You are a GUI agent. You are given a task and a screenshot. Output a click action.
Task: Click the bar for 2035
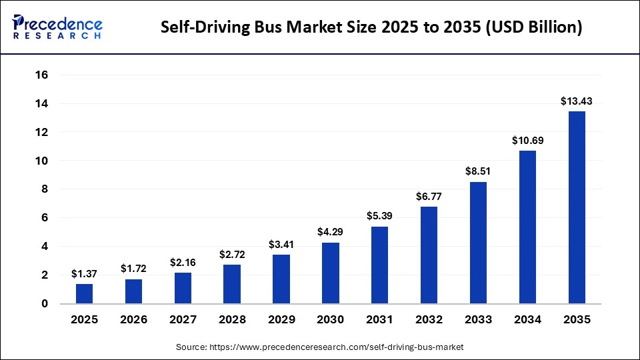577,207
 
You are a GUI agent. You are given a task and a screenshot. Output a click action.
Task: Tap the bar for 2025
84,293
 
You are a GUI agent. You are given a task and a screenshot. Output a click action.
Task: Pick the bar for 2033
478,243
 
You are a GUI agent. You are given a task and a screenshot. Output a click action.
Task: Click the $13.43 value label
577,101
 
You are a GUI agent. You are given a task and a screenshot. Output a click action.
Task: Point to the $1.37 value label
84,274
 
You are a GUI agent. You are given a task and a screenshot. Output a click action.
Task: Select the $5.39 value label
379,217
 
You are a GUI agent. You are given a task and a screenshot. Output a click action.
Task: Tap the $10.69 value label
527,141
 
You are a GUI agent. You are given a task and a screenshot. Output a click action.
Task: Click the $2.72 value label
232,255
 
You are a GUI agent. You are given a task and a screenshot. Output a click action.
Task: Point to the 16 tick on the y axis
41,75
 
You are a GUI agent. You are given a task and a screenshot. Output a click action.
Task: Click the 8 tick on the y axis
45,189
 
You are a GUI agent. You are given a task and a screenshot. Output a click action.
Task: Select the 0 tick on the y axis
45,304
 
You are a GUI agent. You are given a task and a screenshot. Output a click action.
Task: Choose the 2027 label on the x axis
183,320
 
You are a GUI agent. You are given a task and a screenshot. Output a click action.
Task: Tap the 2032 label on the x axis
429,320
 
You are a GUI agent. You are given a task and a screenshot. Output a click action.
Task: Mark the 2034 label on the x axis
527,320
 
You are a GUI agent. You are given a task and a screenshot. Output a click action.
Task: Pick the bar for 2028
232,284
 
